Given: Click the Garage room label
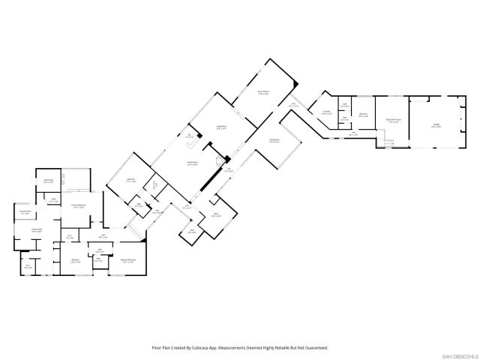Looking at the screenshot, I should (436, 126).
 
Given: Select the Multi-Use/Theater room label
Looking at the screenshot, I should (393, 119).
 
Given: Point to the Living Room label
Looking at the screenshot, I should (221, 127).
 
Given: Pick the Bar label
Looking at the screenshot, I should (189, 136).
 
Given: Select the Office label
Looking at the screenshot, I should (215, 215).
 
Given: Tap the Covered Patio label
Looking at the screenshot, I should (24, 212).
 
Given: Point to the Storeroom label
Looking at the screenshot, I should (48, 181).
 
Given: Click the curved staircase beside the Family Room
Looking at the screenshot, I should (220, 160).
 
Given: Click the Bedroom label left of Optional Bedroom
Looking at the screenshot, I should (74, 262).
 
